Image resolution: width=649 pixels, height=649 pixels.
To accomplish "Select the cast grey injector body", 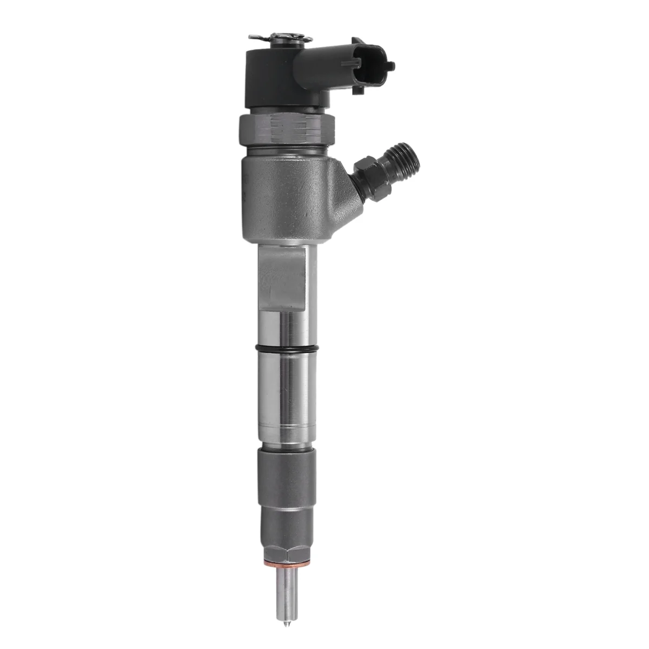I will pos(287,200).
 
